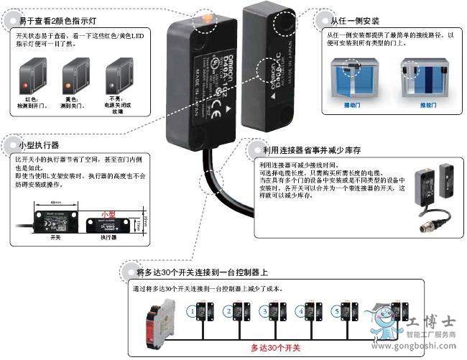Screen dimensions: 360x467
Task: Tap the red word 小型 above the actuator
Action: pos(108,214)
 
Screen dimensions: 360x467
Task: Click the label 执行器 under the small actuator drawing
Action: pos(108,237)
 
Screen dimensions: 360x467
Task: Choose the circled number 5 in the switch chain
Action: pos(336,312)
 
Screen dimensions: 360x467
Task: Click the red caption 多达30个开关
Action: pos(275,348)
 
